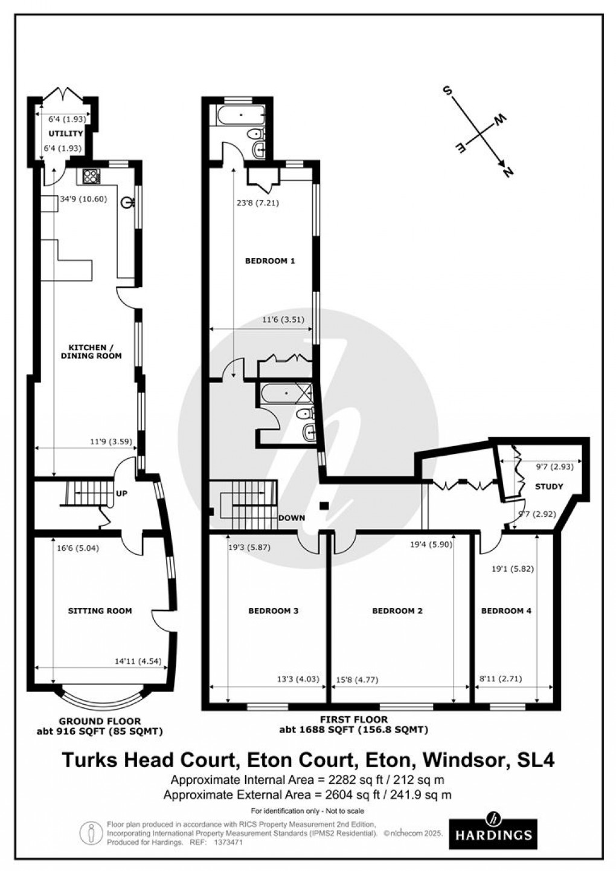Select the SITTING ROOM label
(x=100, y=610)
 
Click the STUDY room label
(x=548, y=486)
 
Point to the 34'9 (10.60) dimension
(x=83, y=199)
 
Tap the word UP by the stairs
(x=121, y=493)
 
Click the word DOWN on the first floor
(x=291, y=518)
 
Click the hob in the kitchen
(x=91, y=176)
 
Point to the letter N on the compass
(x=507, y=172)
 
